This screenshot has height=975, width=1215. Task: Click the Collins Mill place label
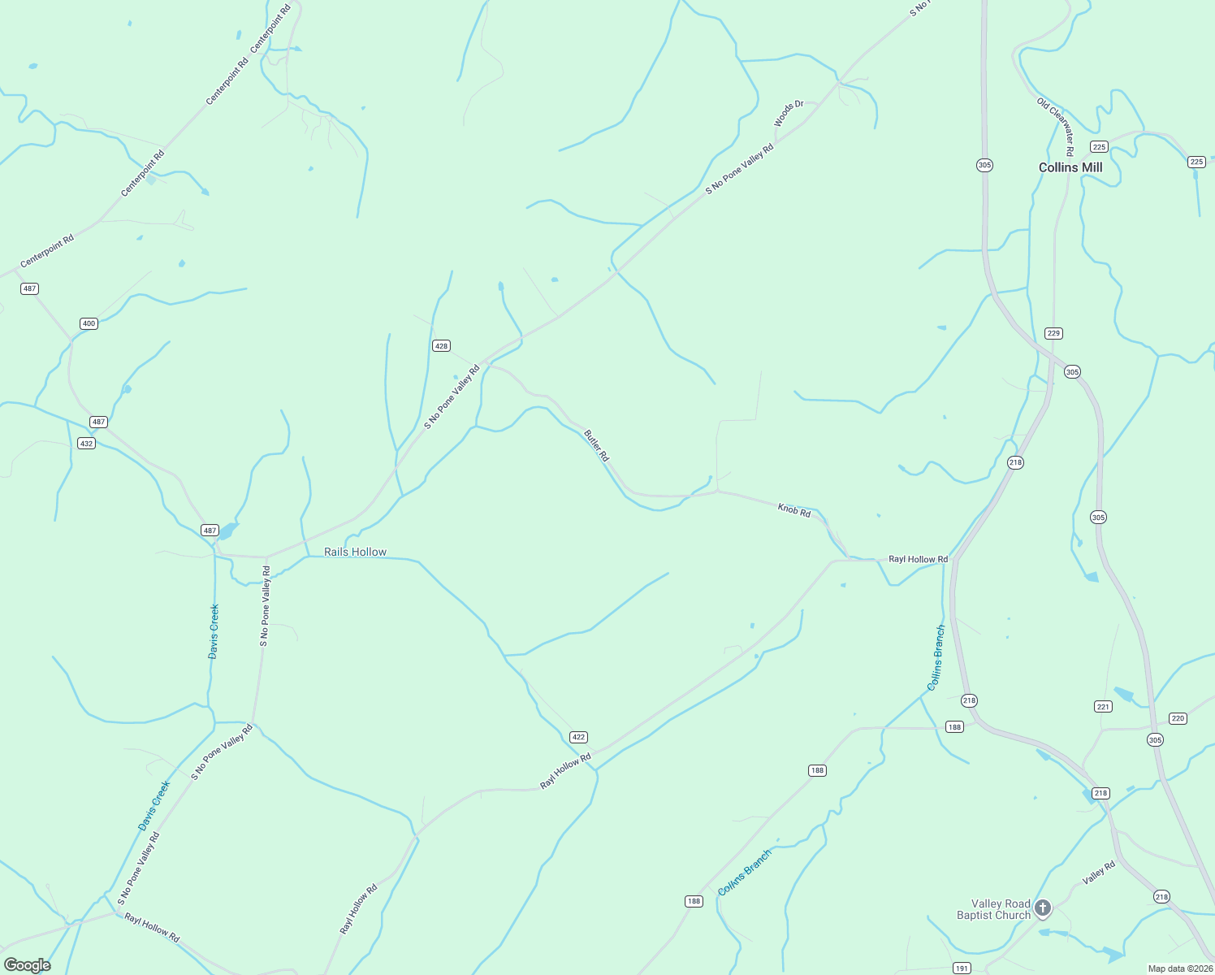(1070, 167)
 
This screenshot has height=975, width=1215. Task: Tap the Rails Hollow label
(355, 552)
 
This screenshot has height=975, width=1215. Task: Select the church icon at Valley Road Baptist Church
(1043, 908)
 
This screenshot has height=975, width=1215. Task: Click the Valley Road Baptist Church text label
(993, 909)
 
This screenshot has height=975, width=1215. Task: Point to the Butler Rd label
(596, 446)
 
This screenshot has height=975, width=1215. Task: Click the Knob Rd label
(794, 510)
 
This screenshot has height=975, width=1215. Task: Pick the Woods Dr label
(789, 114)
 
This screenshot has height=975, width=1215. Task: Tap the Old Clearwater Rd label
(1056, 126)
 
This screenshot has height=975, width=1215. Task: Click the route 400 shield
(89, 323)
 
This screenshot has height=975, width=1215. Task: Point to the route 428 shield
(441, 345)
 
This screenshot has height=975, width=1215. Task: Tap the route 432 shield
(86, 443)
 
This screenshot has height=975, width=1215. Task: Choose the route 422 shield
(578, 737)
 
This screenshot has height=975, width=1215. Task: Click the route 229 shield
(1053, 333)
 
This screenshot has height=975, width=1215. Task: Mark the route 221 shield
(1103, 706)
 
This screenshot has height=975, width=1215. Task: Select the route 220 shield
(1178, 718)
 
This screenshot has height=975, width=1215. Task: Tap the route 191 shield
(962, 968)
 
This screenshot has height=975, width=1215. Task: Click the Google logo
(27, 965)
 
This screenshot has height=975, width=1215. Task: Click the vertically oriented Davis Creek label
(214, 630)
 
